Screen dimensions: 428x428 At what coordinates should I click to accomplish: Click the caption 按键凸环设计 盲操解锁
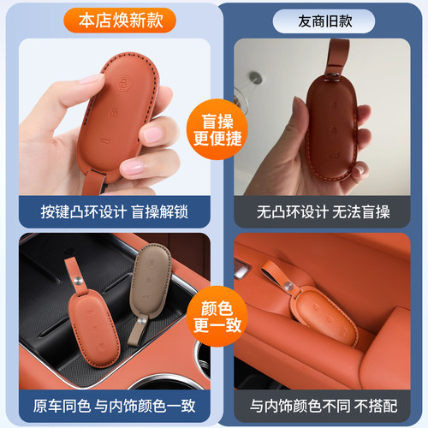(x=106, y=210)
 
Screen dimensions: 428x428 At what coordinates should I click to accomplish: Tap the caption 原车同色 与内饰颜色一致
(x=106, y=404)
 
